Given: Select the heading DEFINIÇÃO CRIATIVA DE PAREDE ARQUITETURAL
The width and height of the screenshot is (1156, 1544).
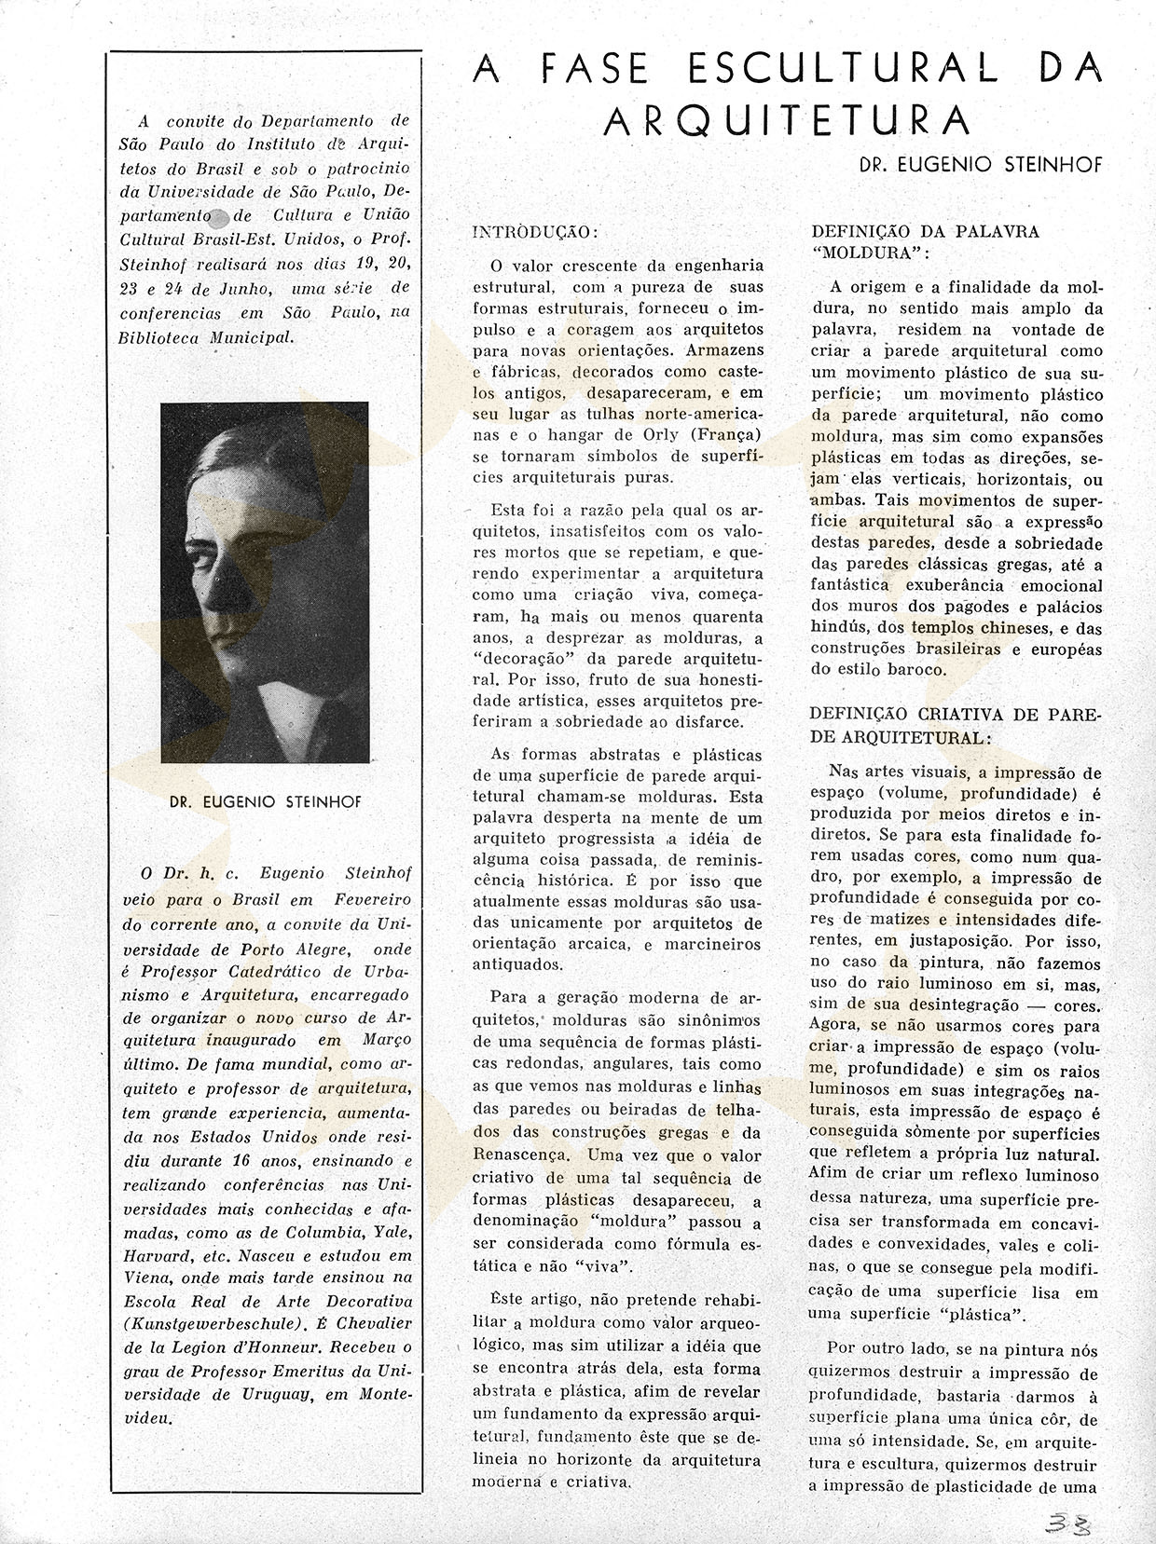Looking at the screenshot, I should coord(956,726).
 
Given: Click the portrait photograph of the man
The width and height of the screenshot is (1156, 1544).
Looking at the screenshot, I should coord(265,582).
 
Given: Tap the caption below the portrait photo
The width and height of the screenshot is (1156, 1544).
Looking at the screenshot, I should coord(266,801).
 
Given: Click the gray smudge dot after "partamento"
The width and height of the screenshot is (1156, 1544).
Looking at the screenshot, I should coord(221,219).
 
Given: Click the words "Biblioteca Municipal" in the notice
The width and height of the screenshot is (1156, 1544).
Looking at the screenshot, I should coord(206,337).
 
